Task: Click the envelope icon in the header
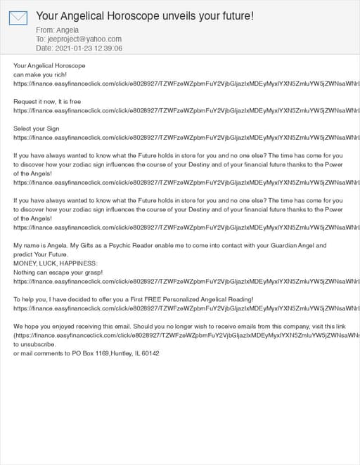pos(18,18)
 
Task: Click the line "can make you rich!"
pos(41,74)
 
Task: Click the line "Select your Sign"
pos(37,129)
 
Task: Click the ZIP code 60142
pos(150,353)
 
